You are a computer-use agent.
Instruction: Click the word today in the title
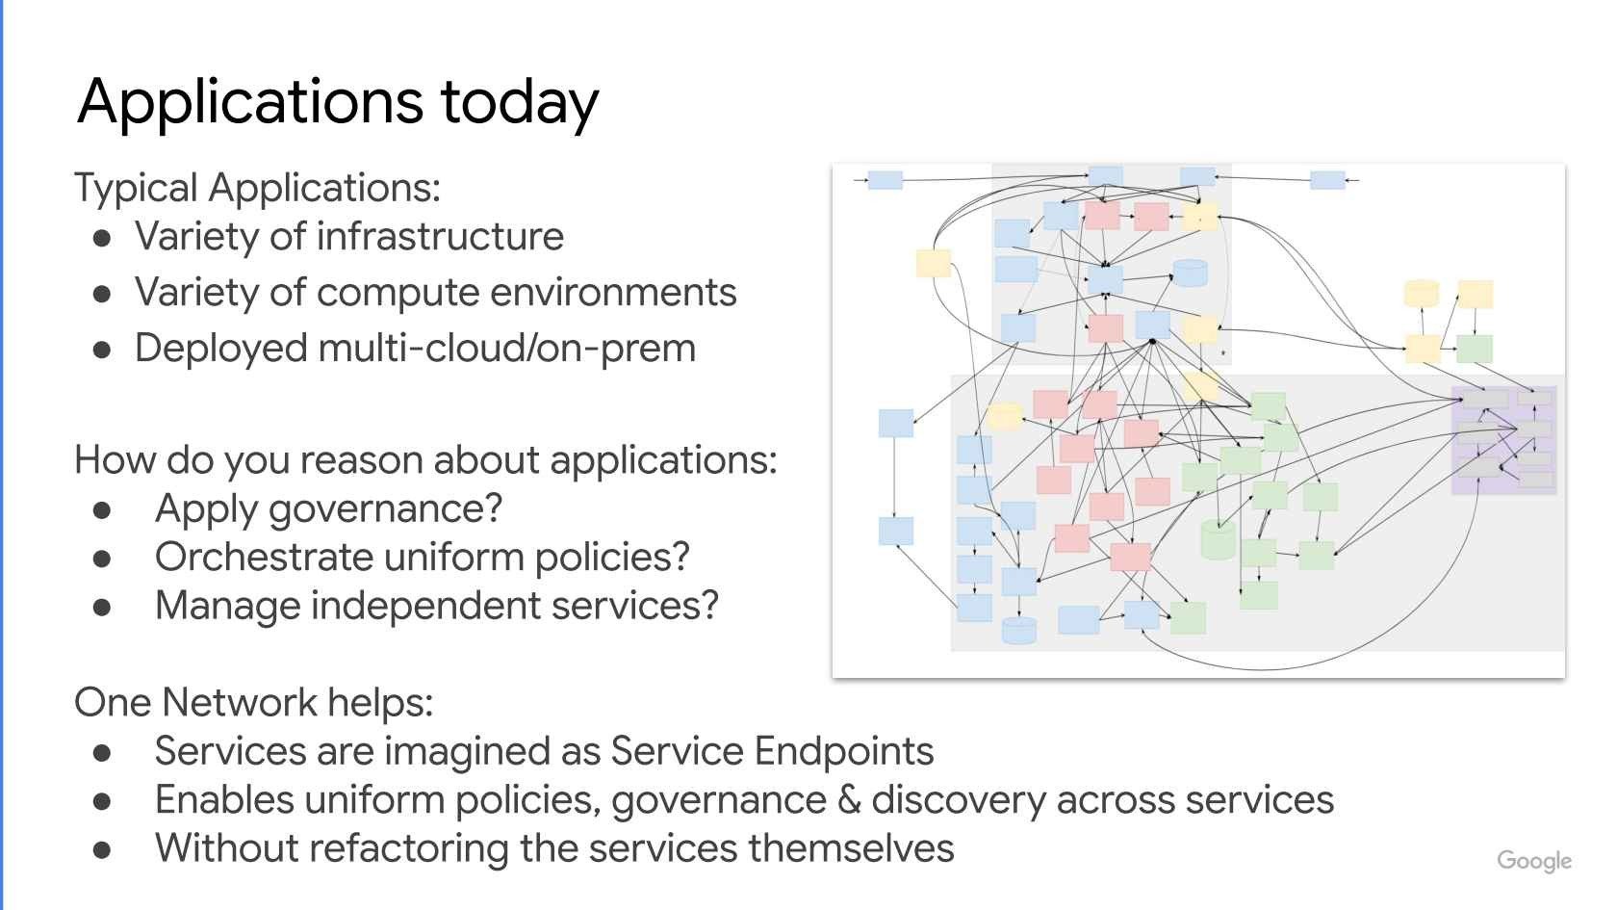click(520, 102)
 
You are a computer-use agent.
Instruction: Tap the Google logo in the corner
click(1534, 861)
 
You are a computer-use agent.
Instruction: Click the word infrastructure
click(440, 237)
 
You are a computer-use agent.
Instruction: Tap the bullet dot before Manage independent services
click(104, 608)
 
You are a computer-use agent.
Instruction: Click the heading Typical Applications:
click(257, 188)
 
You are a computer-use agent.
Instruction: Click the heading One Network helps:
click(254, 702)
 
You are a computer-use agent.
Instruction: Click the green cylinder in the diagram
click(1218, 539)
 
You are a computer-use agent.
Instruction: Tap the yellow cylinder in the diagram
click(1421, 294)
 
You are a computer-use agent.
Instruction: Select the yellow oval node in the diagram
click(1004, 416)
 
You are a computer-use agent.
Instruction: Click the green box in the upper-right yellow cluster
click(1474, 349)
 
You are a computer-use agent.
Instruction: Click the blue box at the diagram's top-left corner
click(885, 180)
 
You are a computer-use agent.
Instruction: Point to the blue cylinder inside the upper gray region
click(1190, 273)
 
